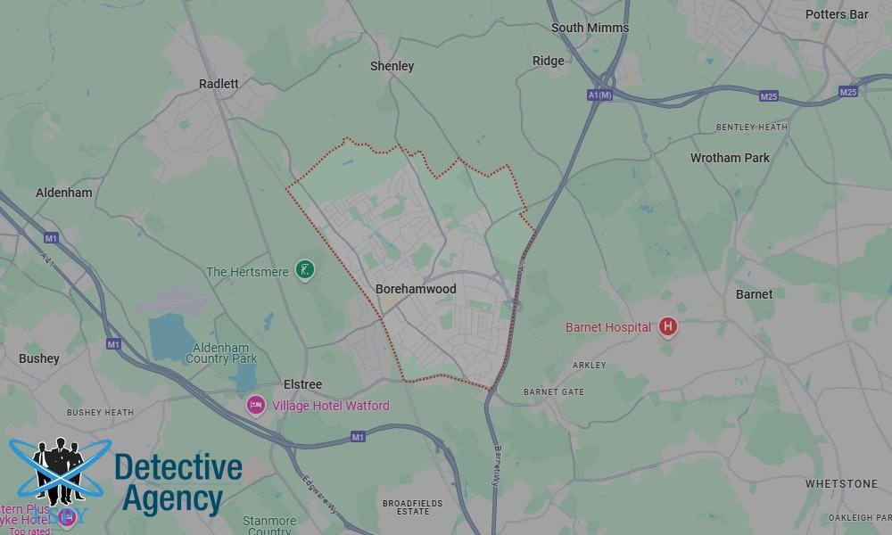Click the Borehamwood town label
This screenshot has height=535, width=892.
coord(416,289)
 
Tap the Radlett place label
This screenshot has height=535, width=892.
coord(219,84)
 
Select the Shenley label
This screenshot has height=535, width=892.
coord(392,66)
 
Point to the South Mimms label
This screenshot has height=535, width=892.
coord(590,28)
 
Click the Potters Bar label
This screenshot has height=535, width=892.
coord(836,14)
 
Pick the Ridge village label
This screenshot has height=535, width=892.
coord(548,61)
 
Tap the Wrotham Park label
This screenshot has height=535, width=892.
coord(730,158)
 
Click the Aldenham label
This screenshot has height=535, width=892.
coord(64,193)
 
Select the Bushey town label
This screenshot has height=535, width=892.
coord(39,358)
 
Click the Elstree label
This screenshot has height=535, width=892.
coord(302,384)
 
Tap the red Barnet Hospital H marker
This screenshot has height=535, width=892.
coord(667,327)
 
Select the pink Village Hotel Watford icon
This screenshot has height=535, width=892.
coord(256,406)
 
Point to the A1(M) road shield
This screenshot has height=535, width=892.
coord(600,95)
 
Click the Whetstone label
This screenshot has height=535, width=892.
coord(841,483)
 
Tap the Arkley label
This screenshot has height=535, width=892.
coord(589,365)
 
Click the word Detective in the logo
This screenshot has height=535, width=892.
coord(178,468)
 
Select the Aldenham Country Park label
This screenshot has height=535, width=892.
coord(220,352)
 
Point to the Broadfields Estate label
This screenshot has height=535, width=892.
coord(412,507)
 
